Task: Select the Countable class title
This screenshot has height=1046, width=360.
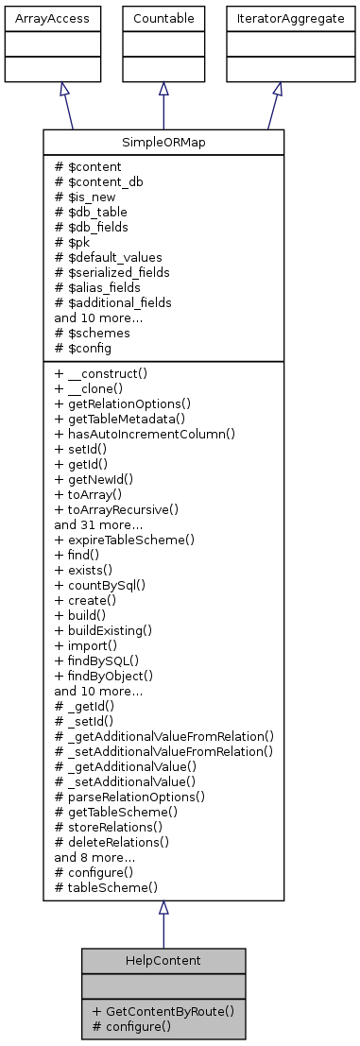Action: pos(163,19)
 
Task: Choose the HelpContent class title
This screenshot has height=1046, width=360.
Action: pos(163,960)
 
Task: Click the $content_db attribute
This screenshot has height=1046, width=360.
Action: pos(98,181)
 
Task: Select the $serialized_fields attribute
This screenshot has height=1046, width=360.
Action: pos(118,272)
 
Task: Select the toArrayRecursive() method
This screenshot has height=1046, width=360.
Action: pos(117,509)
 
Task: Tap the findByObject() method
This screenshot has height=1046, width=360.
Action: pos(105,676)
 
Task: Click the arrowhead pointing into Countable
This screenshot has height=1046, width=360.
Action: pos(163,88)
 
